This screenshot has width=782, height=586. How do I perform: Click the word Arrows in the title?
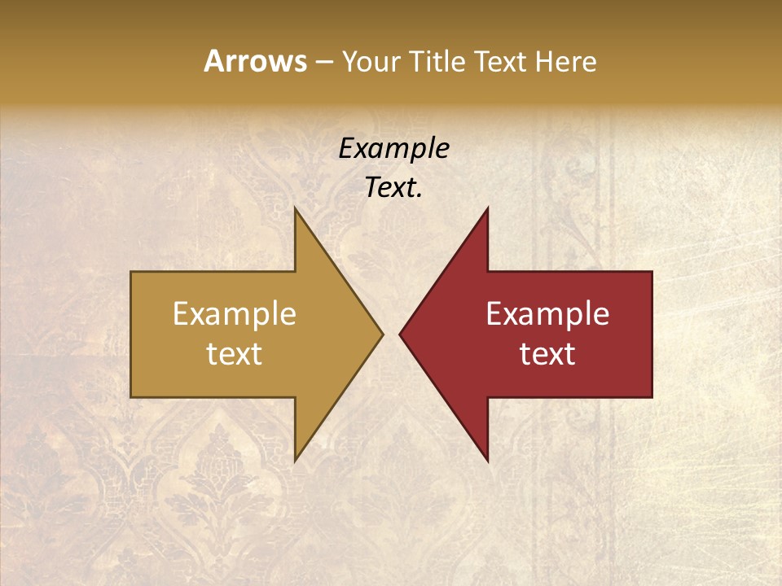(x=255, y=61)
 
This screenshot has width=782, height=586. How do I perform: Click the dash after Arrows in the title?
(x=323, y=63)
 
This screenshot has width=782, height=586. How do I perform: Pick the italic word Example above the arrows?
(x=393, y=149)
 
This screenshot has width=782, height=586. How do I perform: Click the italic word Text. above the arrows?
(x=393, y=188)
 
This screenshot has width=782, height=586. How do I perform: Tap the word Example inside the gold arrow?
(x=235, y=314)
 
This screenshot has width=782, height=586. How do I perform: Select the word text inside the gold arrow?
(x=235, y=353)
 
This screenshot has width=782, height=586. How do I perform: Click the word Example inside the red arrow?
(x=547, y=314)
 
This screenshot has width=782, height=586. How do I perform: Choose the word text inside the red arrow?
(x=547, y=353)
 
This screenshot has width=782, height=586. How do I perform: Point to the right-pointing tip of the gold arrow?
(x=383, y=334)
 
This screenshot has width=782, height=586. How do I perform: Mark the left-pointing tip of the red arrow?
(x=400, y=334)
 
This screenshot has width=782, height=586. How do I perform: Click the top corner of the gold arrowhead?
(x=296, y=208)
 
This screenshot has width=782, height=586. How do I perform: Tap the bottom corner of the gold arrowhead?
(x=296, y=461)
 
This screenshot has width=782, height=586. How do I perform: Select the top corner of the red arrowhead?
(x=487, y=208)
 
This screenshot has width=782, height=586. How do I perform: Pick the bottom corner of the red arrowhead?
(x=487, y=461)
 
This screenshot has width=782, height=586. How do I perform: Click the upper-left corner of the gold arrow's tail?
(x=131, y=272)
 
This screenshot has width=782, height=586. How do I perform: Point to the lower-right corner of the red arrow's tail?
(x=652, y=396)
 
